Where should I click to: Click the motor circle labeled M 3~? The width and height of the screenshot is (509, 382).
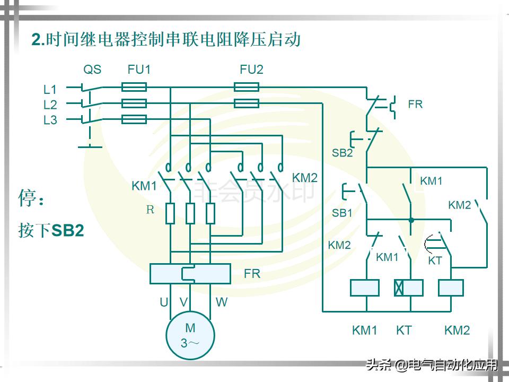(x=190, y=335)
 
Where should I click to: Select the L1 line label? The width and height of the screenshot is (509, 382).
(x=50, y=90)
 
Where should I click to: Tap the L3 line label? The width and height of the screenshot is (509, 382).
(x=50, y=120)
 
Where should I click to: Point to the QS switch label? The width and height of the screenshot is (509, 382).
(x=92, y=70)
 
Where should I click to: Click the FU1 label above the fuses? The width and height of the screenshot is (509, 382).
(x=139, y=70)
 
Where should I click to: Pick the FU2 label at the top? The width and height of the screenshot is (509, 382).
(x=251, y=70)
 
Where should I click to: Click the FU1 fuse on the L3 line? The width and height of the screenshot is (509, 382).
(x=134, y=119)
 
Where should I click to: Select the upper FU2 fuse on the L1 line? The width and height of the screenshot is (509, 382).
(x=247, y=86)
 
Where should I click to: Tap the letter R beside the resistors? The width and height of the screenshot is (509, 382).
(x=150, y=210)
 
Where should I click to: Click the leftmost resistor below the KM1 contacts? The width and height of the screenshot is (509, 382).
(x=170, y=213)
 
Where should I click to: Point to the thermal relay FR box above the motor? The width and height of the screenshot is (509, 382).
(x=190, y=273)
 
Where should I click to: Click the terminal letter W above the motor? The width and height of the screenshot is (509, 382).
(x=222, y=302)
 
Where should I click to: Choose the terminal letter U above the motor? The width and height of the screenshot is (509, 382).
(x=164, y=302)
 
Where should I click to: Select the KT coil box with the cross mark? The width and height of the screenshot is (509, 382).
(x=408, y=288)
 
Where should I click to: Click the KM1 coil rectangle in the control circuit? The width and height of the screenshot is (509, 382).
(x=365, y=288)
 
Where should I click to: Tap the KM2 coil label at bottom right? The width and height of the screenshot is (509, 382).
(x=457, y=331)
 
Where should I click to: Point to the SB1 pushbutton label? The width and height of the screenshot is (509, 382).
(x=342, y=213)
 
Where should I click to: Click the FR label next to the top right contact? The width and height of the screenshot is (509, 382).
(x=415, y=105)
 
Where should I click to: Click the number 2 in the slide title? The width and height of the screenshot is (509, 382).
(x=36, y=40)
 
